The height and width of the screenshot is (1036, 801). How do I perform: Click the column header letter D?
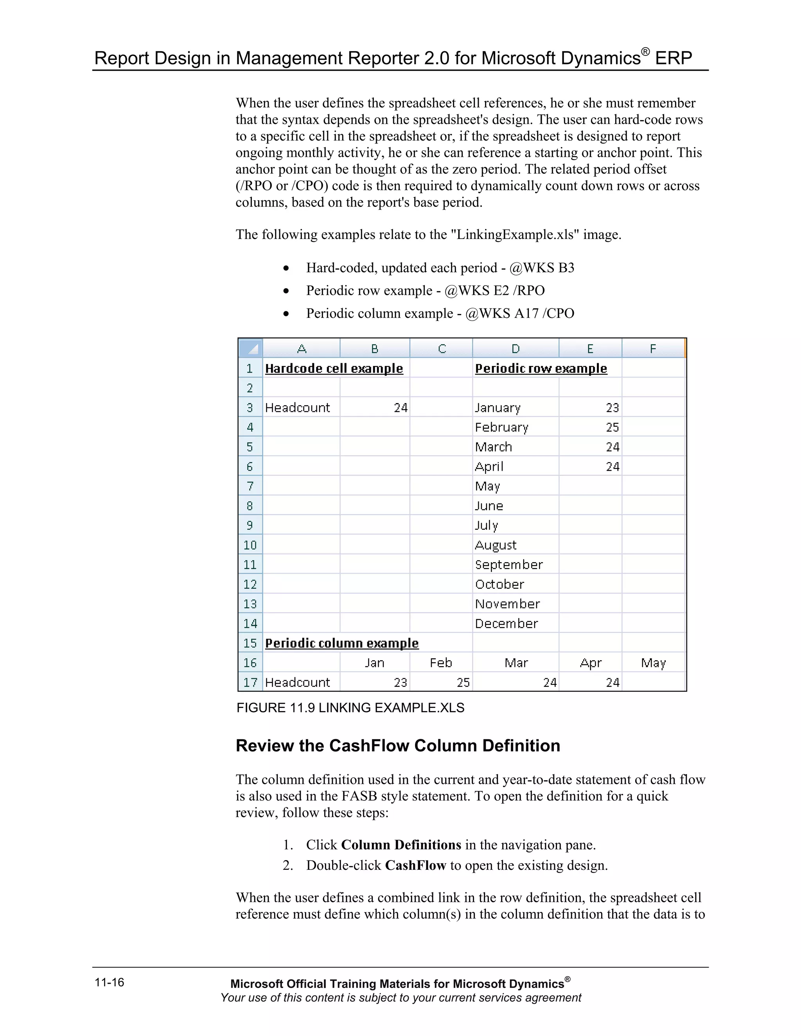pos(515,349)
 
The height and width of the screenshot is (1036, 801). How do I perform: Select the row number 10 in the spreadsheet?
pos(250,545)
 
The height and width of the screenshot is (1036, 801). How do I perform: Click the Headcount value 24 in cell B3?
pos(400,408)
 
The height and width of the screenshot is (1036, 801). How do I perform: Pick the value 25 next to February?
pos(612,427)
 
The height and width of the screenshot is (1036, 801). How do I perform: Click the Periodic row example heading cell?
pos(541,369)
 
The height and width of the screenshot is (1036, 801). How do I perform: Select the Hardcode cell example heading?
pos(334,369)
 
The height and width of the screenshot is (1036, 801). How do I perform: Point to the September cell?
pos(509,565)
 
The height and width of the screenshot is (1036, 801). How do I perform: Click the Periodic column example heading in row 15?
pos(342,643)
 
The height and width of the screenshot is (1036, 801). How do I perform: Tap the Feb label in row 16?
pos(441,663)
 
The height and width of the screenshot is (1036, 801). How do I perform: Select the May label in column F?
pos(654,663)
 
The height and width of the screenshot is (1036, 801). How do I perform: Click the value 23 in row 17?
pos(400,683)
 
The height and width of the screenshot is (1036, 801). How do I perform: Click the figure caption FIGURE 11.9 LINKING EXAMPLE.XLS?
pos(350,708)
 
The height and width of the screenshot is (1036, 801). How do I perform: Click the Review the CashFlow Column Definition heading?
pos(398,746)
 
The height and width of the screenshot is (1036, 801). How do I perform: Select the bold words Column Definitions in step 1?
pos(401,845)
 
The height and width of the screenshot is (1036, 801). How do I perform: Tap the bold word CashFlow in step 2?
pos(415,865)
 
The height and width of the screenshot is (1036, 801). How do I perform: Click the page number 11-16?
pos(109,982)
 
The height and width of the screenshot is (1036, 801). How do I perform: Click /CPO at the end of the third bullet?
pos(558,314)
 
